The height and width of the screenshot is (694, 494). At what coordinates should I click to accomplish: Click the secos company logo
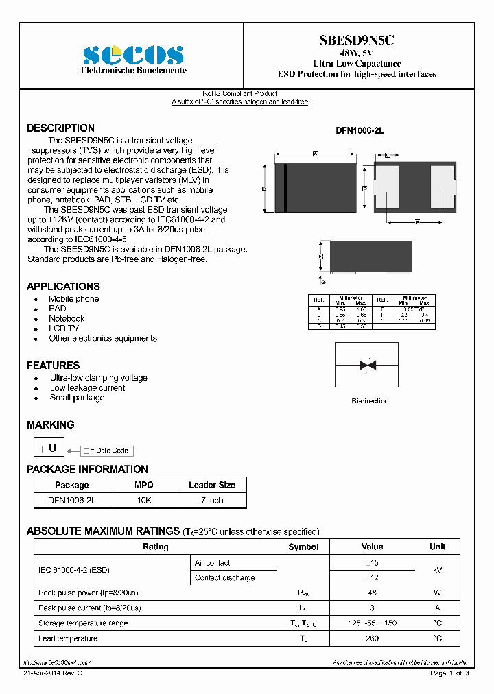tap(133, 55)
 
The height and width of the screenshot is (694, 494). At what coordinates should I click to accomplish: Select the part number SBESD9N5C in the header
tap(356, 40)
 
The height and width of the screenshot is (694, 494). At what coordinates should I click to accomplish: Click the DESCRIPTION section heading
tap(60, 128)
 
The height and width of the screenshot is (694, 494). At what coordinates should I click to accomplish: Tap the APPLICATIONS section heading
tap(63, 286)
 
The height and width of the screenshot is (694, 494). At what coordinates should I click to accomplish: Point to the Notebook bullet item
tap(67, 318)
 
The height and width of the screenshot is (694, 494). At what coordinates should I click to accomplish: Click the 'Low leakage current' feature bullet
tap(87, 387)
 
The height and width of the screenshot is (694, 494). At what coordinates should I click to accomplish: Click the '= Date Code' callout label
tap(108, 451)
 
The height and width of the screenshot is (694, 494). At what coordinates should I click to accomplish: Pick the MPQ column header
tap(143, 485)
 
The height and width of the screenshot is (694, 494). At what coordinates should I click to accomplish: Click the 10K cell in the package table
tap(143, 500)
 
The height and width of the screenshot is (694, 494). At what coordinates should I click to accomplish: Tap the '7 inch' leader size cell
tap(211, 500)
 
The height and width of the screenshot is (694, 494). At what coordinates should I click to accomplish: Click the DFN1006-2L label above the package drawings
tap(360, 130)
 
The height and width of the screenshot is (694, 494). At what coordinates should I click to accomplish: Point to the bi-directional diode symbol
tap(368, 366)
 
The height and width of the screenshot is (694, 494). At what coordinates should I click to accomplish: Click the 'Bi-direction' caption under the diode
tap(370, 400)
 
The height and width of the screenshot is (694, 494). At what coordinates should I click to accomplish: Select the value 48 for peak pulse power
tap(372, 593)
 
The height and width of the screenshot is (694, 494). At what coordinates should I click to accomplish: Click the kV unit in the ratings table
tap(437, 570)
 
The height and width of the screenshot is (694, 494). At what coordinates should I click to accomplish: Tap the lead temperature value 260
tap(372, 638)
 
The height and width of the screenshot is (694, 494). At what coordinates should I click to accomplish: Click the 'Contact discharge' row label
tap(224, 577)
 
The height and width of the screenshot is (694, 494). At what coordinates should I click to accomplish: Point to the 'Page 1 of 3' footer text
tap(449, 673)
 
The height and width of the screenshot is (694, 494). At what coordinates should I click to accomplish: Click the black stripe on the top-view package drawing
tap(285, 188)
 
